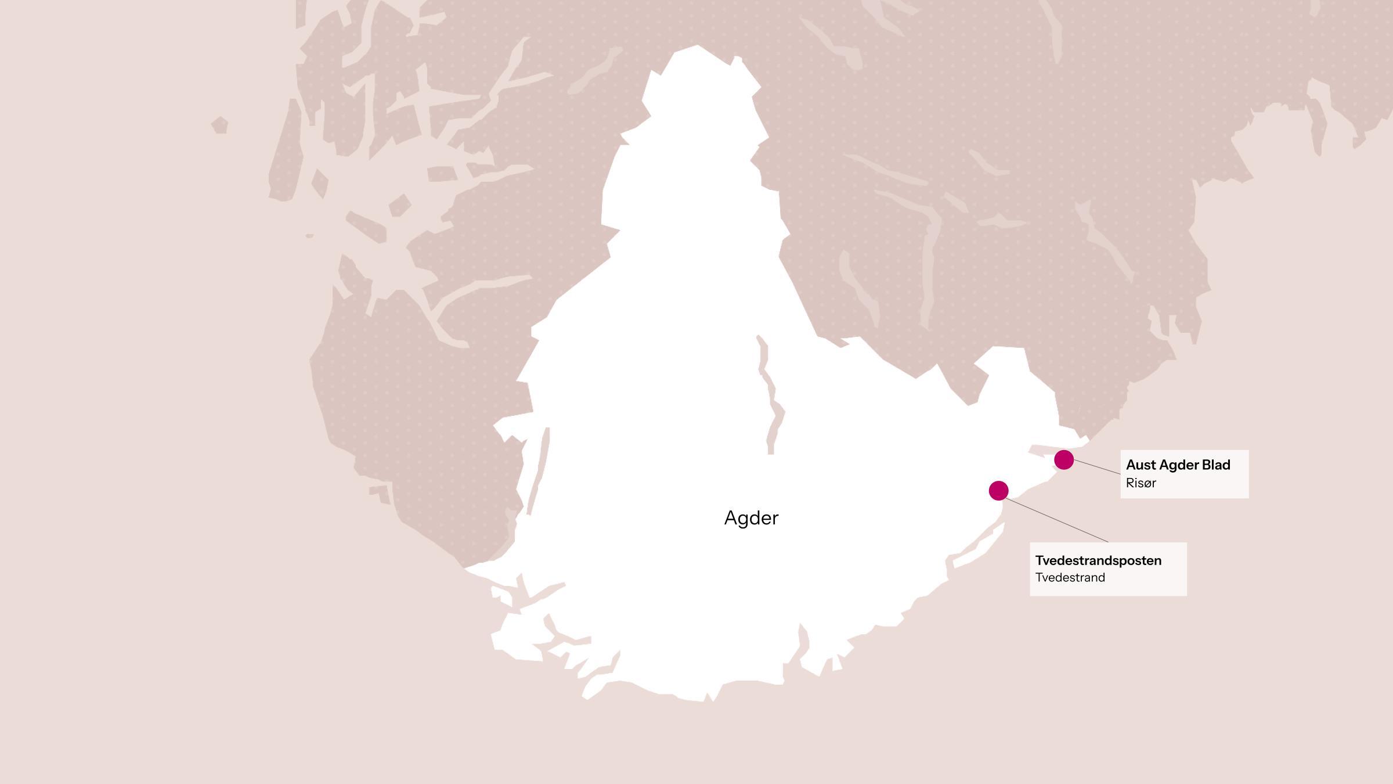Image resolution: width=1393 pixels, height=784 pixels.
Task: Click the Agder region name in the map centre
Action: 751,518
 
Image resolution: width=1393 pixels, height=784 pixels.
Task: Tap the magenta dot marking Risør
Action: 1063,459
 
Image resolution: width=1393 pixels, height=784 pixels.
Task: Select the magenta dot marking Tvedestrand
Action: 998,491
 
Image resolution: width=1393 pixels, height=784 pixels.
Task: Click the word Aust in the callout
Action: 1141,465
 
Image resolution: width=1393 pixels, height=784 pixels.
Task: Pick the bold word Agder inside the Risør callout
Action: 1178,465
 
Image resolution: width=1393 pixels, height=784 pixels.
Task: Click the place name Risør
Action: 1141,483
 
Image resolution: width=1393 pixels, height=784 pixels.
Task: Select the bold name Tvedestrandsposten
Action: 1098,560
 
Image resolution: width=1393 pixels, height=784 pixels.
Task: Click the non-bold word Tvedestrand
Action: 1070,578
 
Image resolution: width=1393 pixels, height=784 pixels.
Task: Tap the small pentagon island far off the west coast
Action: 219,125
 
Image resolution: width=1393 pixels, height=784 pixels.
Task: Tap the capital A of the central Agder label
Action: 731,518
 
